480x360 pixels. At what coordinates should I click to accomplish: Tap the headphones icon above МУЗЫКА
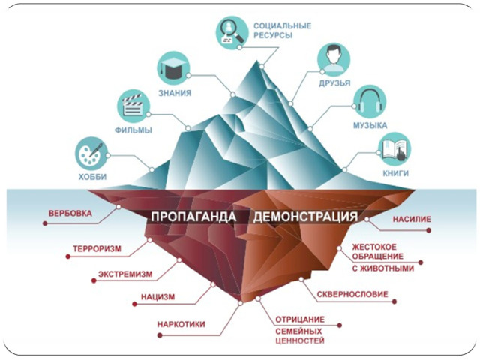(370, 100)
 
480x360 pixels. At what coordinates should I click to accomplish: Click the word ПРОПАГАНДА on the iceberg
(193, 217)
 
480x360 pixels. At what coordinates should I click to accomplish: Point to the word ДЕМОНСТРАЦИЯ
(304, 217)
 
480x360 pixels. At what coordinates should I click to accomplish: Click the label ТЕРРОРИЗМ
(98, 247)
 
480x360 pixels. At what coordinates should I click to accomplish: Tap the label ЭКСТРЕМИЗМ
(127, 274)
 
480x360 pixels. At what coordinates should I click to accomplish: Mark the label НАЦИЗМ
(157, 297)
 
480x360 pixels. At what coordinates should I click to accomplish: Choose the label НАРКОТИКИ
(181, 325)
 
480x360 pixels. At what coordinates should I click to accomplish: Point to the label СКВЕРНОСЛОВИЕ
(352, 295)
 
